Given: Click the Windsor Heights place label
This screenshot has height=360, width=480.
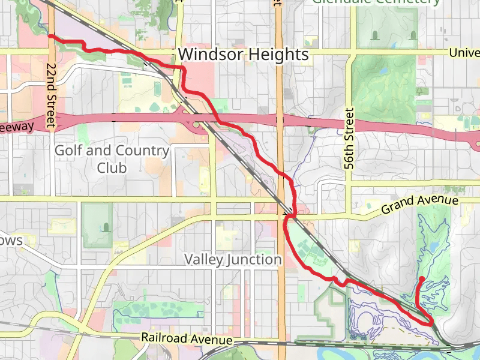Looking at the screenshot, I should (243, 55).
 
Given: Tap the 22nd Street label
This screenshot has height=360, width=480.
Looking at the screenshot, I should (52, 95).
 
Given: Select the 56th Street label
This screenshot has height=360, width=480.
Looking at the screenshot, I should (350, 138).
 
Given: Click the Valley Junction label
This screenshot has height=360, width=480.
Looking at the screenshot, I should (233, 260).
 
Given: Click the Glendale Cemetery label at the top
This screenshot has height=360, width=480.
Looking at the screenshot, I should (376, 2).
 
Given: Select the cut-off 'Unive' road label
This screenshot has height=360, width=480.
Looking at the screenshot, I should (464, 53).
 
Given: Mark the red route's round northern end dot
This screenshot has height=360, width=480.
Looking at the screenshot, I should (421, 278).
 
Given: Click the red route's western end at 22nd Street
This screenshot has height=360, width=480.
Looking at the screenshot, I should (50, 37).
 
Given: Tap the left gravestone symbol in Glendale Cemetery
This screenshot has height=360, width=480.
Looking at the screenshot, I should (375, 35).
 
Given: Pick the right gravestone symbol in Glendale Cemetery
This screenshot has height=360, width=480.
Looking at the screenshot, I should (412, 35).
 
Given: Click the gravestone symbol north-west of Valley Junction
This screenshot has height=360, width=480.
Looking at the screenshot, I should (106, 227).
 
